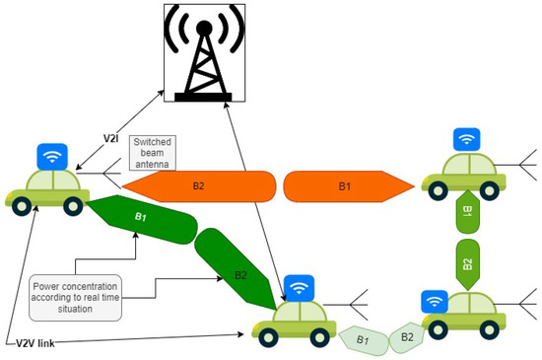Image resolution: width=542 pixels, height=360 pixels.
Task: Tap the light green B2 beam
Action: point(405,335)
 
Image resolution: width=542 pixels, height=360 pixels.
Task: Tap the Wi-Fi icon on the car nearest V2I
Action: point(51,156)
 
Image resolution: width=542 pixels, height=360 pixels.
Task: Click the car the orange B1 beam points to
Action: point(463,179)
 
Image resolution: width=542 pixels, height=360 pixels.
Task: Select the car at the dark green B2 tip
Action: point(295,321)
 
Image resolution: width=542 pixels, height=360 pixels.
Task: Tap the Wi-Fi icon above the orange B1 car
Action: point(468,141)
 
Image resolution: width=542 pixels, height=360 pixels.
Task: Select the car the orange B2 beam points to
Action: point(47,188)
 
